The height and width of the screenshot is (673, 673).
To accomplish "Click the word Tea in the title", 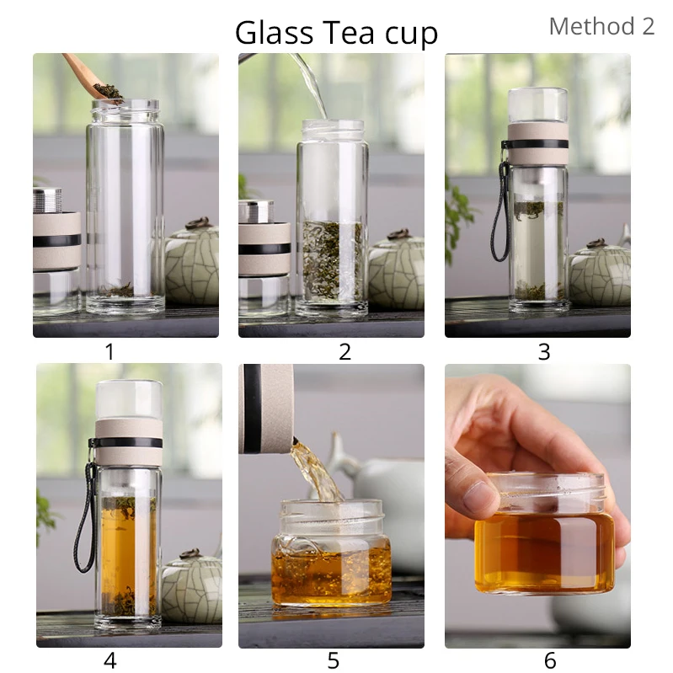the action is tap(348, 33).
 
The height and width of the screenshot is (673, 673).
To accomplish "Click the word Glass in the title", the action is tap(274, 33).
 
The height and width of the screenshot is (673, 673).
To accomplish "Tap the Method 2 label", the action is tap(601, 26).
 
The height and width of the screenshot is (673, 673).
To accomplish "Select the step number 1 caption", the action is tap(109, 351).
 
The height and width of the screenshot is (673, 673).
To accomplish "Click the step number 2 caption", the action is tap(345, 351).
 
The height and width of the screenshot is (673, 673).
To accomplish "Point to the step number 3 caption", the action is tap(544, 351).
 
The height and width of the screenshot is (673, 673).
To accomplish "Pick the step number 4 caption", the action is tap(110, 660).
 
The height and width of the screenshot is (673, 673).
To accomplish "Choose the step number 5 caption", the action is tap(333, 660).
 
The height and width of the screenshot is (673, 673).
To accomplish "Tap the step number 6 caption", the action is tap(550, 660).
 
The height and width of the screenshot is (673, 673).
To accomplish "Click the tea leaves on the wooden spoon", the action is tap(108, 91).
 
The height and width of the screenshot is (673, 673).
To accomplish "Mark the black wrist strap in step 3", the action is tap(500, 211).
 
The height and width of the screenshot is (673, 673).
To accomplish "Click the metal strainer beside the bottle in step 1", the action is tap(47, 200).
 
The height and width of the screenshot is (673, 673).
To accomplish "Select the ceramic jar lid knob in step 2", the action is tap(399, 234).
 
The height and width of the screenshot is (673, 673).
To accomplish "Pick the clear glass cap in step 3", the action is tap(538, 105).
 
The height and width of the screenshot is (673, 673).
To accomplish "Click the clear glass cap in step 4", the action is tap(129, 399).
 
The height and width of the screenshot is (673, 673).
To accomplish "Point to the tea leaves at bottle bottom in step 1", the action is tap(120, 291).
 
